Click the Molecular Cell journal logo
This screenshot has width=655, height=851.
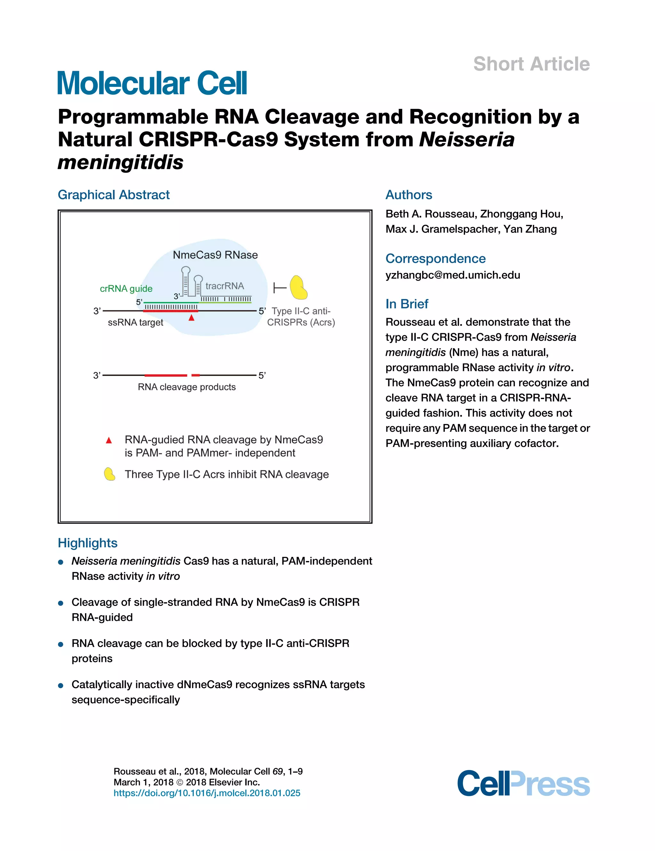click(x=152, y=83)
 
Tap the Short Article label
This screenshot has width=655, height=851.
click(x=531, y=64)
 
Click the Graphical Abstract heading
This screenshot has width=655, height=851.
click(x=114, y=195)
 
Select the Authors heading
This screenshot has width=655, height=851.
click(x=408, y=195)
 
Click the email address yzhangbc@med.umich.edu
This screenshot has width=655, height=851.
click(x=453, y=275)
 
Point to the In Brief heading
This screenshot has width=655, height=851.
click(x=406, y=304)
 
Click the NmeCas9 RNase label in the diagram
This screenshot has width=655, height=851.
click(x=215, y=255)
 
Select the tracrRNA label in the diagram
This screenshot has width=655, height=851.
click(x=225, y=286)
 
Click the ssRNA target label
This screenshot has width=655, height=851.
click(x=136, y=323)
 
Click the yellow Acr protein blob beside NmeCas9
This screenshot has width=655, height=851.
click(x=299, y=288)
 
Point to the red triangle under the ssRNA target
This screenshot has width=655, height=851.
click(x=191, y=318)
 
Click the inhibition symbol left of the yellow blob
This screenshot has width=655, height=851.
click(x=279, y=288)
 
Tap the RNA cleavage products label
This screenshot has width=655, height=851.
click(x=186, y=387)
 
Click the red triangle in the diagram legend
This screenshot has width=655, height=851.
click(x=109, y=440)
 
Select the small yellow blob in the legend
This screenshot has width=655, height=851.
click(x=109, y=474)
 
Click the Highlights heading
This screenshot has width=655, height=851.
click(x=88, y=543)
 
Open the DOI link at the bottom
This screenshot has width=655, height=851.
click(x=207, y=793)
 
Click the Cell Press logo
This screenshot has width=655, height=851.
click(x=523, y=783)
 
